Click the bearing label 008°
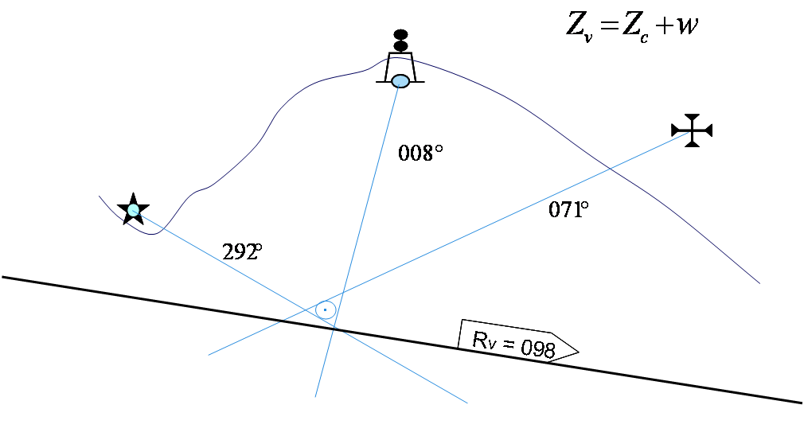click(x=420, y=153)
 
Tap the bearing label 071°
click(x=568, y=210)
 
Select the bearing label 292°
click(x=242, y=252)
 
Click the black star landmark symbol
click(x=132, y=208)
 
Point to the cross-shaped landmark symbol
click(x=692, y=130)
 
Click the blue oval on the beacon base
click(x=400, y=81)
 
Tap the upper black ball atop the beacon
click(x=400, y=35)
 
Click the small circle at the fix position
click(x=325, y=309)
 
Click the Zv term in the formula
click(x=579, y=25)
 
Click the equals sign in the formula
click(x=610, y=26)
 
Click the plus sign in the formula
click(x=663, y=26)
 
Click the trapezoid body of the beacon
click(x=400, y=65)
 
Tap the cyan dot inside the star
click(x=133, y=210)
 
